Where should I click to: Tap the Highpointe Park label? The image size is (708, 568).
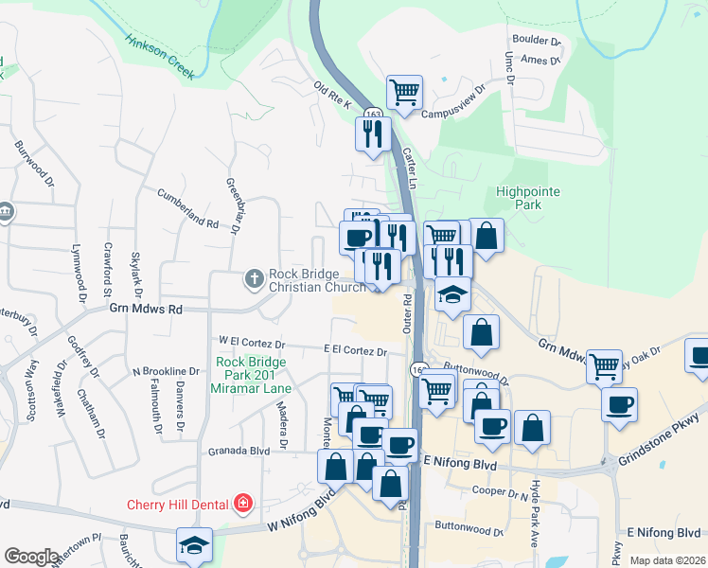[528, 197]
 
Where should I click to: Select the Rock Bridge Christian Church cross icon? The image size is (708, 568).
[254, 279]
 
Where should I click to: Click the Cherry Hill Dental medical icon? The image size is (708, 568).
[244, 502]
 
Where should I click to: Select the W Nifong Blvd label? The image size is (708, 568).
[302, 512]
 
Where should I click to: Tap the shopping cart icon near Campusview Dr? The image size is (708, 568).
[404, 93]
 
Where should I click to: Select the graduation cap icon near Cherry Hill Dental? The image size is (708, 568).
[194, 545]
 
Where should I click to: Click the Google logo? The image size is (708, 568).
[31, 557]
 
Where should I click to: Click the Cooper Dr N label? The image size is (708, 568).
[499, 491]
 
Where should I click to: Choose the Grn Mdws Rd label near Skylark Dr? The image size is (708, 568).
[145, 309]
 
